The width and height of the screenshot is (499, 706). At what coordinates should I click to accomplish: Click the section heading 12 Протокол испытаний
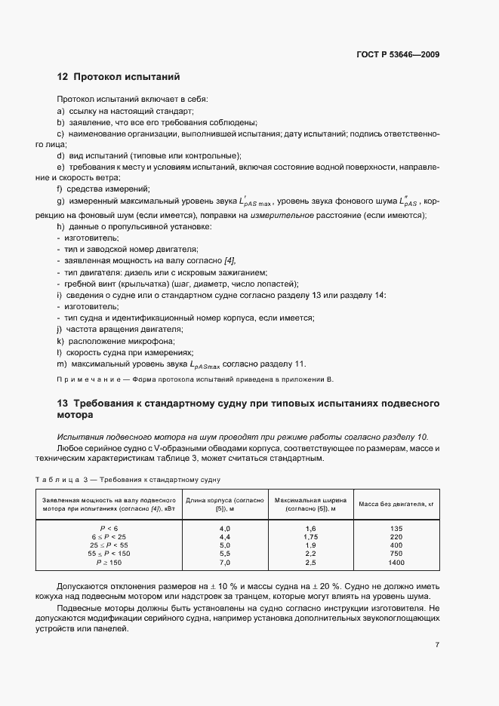pyautogui.click(x=119, y=77)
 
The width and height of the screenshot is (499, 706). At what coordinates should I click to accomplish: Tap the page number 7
pyautogui.click(x=438, y=645)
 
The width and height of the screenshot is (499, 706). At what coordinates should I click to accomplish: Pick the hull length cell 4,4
pyautogui.click(x=224, y=537)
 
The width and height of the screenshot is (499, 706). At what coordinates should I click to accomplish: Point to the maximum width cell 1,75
pyautogui.click(x=310, y=537)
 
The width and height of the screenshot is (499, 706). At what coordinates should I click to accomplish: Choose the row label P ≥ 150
pyautogui.click(x=109, y=563)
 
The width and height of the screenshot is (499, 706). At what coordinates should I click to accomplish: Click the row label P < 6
pyautogui.click(x=109, y=529)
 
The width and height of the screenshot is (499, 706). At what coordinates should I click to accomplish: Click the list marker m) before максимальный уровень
pyautogui.click(x=60, y=364)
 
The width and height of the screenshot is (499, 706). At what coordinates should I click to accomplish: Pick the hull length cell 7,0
pyautogui.click(x=224, y=563)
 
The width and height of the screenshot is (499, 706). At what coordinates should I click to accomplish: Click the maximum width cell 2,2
pyautogui.click(x=310, y=554)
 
